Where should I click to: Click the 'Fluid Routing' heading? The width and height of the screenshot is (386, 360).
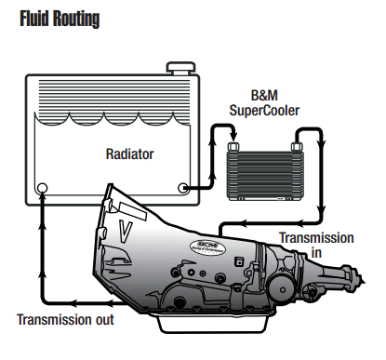pyautogui.click(x=60, y=19)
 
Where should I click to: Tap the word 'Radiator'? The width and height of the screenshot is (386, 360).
pyautogui.click(x=129, y=154)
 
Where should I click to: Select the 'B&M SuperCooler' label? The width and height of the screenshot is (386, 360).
pyautogui.click(x=264, y=103)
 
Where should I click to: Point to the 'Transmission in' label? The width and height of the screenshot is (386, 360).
pyautogui.click(x=316, y=245)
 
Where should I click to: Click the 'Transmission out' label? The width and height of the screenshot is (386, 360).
pyautogui.click(x=65, y=320)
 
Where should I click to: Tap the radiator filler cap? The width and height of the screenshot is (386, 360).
pyautogui.click(x=181, y=68)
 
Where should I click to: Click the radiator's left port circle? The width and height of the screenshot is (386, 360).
pyautogui.click(x=42, y=188)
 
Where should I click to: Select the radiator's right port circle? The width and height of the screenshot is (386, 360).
pyautogui.click(x=183, y=188)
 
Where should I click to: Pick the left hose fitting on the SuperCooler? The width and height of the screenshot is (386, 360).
pyautogui.click(x=233, y=147)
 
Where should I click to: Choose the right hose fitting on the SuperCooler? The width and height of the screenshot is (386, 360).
pyautogui.click(x=298, y=147)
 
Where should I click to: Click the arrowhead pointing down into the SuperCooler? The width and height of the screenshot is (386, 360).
pyautogui.click(x=233, y=137)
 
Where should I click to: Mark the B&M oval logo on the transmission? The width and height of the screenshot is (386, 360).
pyautogui.click(x=207, y=247)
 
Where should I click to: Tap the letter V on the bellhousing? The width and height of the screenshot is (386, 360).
pyautogui.click(x=126, y=231)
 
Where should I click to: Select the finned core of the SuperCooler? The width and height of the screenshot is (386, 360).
pyautogui.click(x=266, y=176)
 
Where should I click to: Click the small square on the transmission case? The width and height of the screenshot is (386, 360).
pyautogui.click(x=239, y=261)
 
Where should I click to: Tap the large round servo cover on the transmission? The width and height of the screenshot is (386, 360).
pyautogui.click(x=282, y=289)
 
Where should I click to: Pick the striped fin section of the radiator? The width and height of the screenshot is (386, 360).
pyautogui.click(x=114, y=100)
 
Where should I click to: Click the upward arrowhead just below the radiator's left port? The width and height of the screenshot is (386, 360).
pyautogui.click(x=43, y=199)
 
